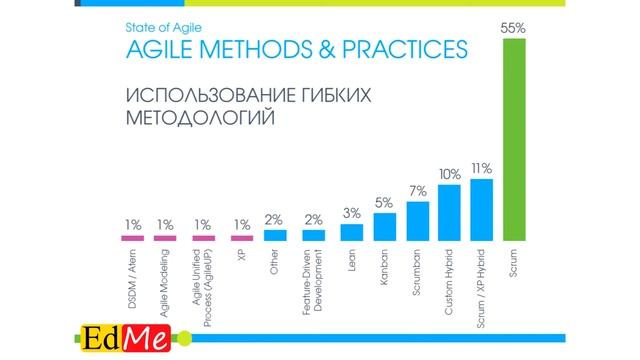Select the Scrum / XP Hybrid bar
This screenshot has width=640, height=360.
pos(481,210)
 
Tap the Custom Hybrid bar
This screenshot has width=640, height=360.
pos(449,213)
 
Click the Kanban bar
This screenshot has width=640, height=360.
pos(385,227)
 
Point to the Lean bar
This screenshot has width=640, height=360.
pos(351,232)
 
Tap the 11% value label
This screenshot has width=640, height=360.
pos(481,168)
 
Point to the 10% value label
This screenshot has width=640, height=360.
pos(449,174)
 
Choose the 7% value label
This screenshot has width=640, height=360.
pos(418,191)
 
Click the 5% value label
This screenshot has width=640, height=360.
pos(385,202)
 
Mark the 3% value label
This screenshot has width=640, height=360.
pos(351,213)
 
